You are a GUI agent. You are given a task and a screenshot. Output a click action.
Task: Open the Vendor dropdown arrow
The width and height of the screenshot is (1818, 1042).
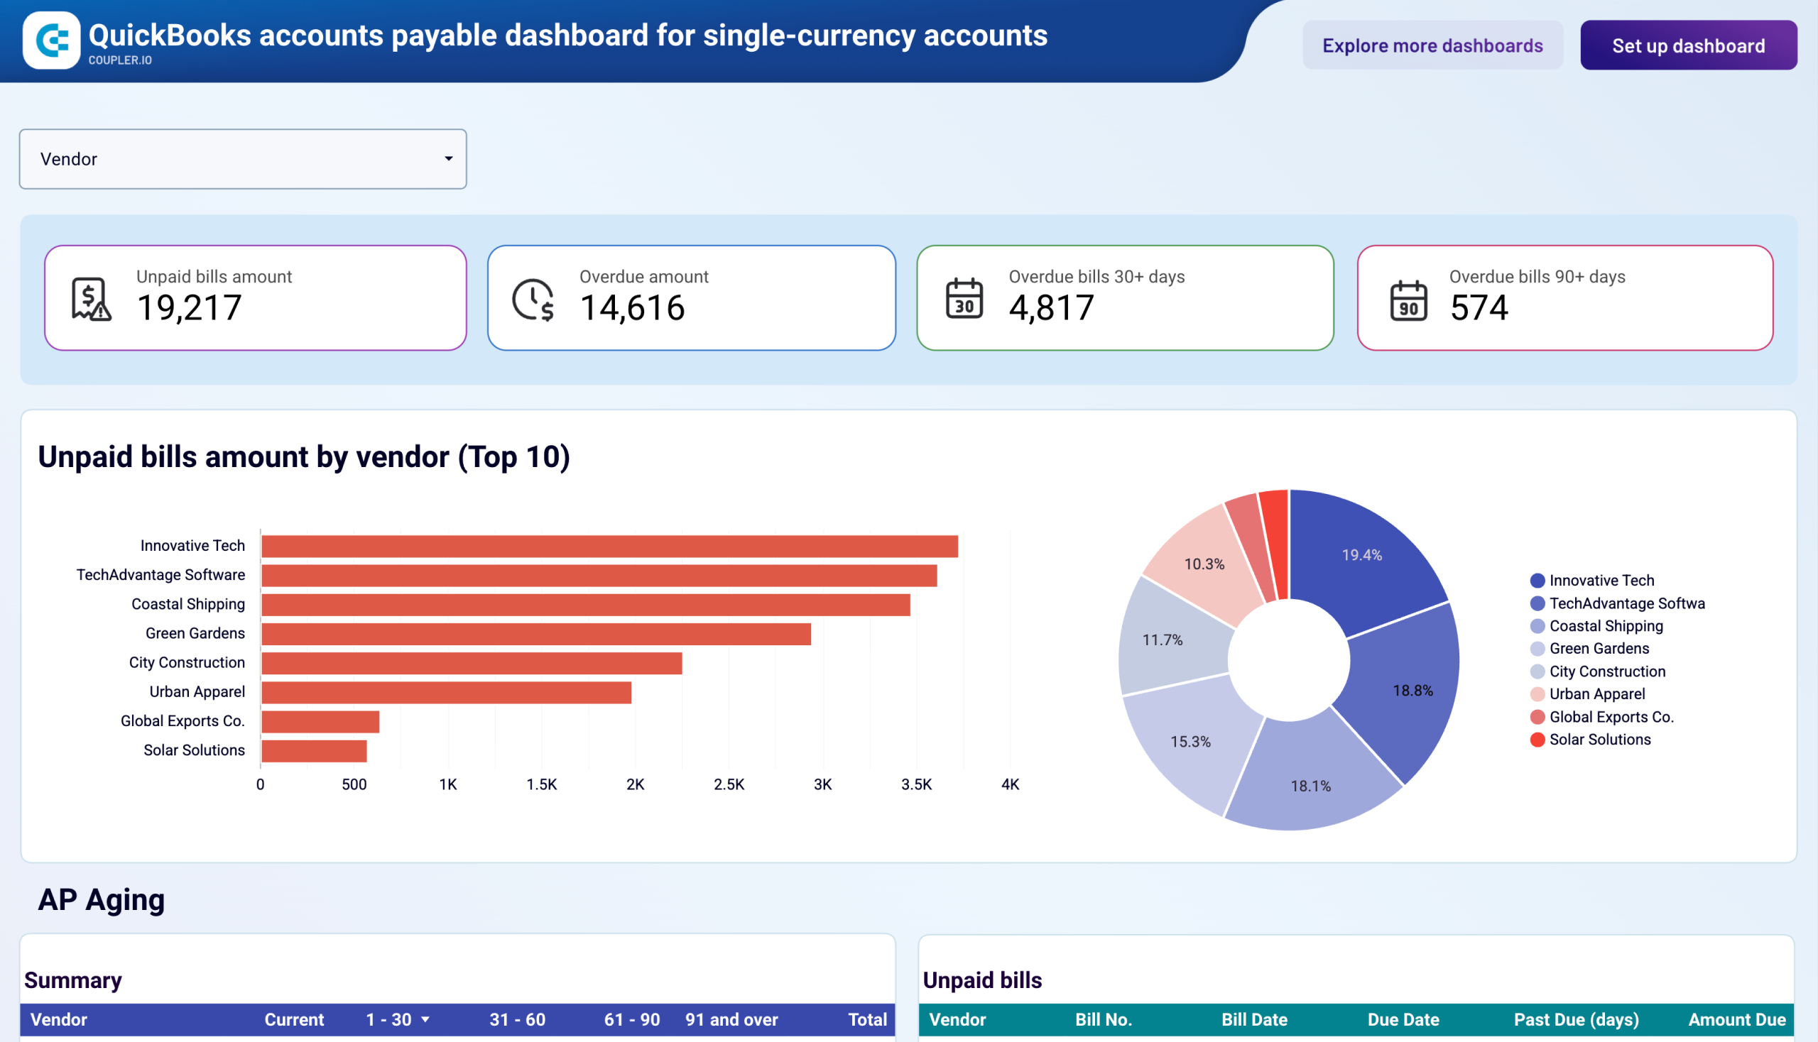448,159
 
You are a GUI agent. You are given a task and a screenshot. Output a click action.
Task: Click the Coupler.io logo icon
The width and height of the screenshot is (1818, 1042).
52,40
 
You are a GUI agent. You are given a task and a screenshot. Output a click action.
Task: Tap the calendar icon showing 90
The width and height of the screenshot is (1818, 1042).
1408,300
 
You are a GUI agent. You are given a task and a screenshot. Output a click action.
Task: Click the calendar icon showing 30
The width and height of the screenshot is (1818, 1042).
964,299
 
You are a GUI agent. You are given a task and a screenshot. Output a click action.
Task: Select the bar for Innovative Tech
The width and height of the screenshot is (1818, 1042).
609,547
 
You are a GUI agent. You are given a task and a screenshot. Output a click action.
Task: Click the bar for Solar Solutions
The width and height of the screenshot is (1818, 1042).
314,751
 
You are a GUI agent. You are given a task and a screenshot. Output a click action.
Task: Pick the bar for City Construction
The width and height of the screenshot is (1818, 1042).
471,664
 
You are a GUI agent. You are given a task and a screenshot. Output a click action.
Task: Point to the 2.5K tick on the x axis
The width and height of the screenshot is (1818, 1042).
728,784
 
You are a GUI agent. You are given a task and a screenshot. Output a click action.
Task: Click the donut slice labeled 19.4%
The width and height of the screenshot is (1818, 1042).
1361,555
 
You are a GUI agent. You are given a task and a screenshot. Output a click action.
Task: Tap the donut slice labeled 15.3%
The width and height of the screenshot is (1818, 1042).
1191,742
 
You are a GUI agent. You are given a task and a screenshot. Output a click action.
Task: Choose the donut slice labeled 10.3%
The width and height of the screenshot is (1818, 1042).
1204,564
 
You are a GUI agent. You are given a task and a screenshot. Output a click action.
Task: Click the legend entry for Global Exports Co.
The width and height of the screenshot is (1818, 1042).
1611,717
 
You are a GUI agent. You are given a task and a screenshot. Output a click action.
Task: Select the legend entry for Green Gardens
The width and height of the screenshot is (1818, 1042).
1598,648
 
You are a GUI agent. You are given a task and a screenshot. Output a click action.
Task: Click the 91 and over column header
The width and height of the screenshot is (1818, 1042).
731,1019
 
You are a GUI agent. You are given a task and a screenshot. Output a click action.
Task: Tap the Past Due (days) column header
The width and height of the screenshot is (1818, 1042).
1575,1019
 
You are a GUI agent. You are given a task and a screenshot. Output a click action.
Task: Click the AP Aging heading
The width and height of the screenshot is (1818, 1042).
101,899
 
